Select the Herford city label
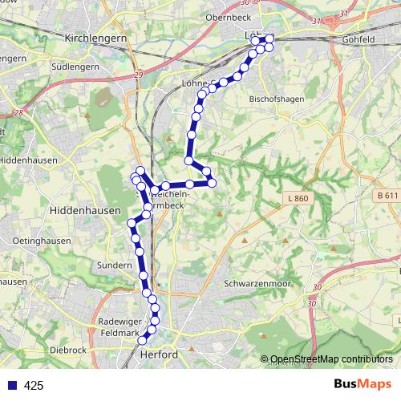[x=157, y=354]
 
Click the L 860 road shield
[x=295, y=197]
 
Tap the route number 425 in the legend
[x=34, y=386]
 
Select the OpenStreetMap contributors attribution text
[x=330, y=360]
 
